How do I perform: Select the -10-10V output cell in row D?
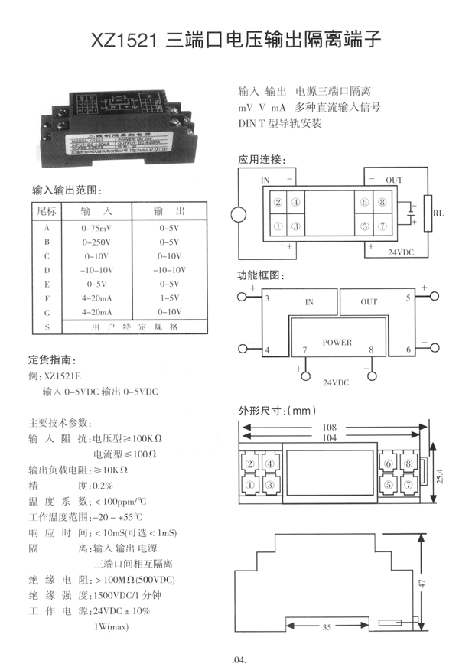click(x=169, y=270)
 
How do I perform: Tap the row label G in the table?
click(x=47, y=312)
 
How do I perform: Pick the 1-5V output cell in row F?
click(x=169, y=298)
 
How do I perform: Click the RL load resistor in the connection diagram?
click(x=427, y=213)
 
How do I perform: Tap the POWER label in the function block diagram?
click(x=337, y=343)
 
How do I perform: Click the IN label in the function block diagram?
click(x=309, y=302)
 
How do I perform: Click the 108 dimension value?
click(x=330, y=427)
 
